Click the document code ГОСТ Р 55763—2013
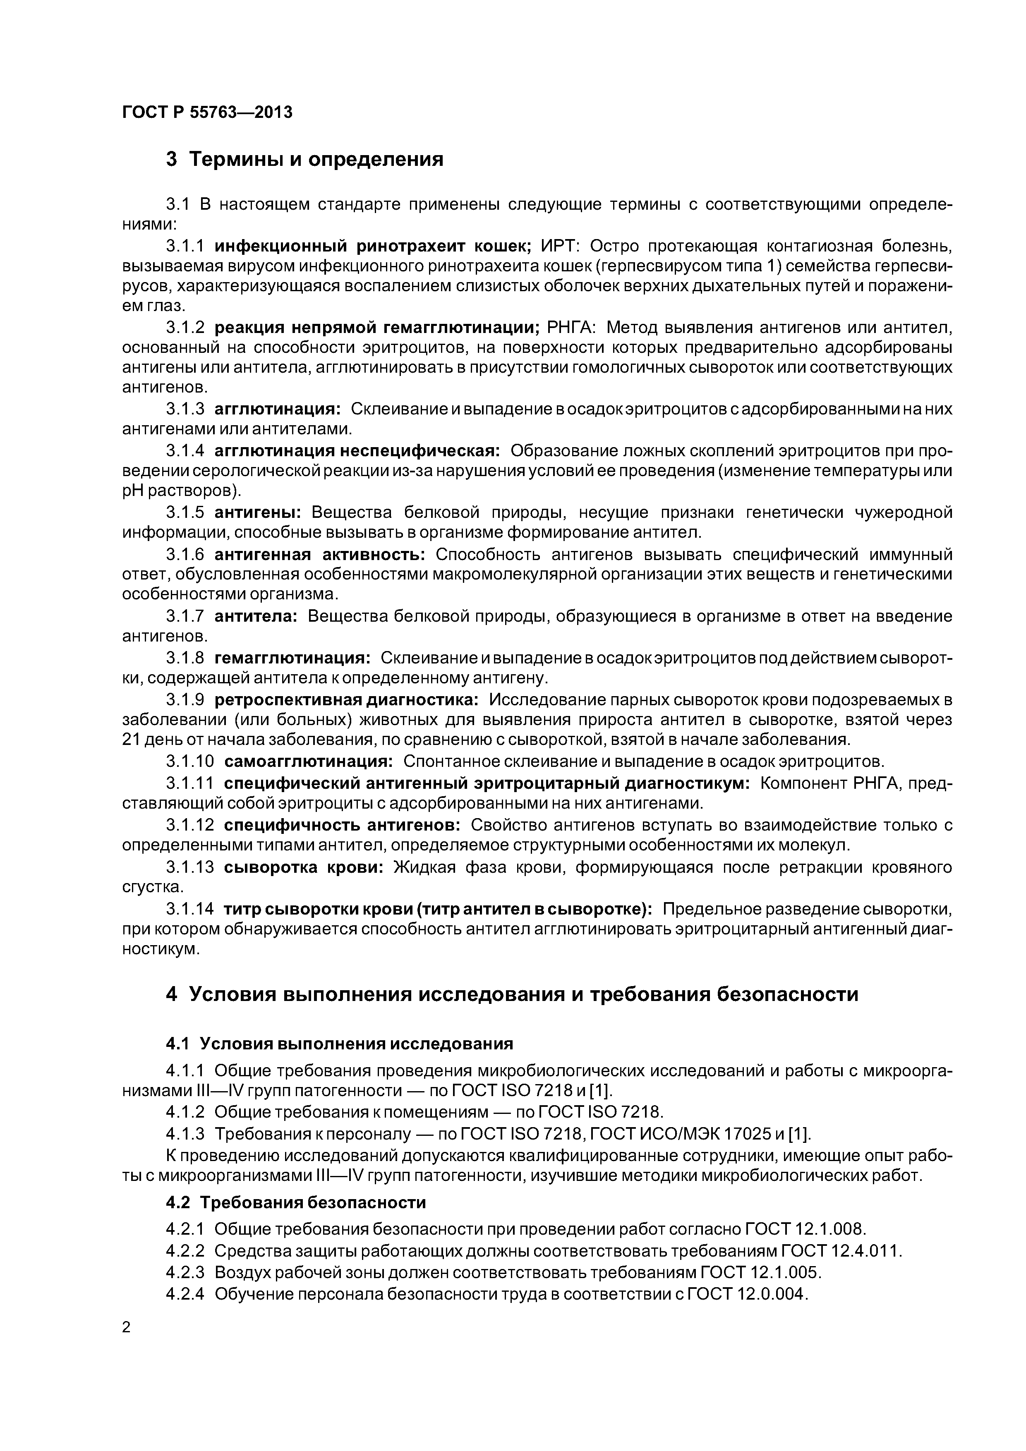(x=207, y=113)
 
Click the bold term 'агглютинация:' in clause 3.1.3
(x=278, y=409)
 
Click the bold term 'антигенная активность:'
(x=320, y=554)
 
